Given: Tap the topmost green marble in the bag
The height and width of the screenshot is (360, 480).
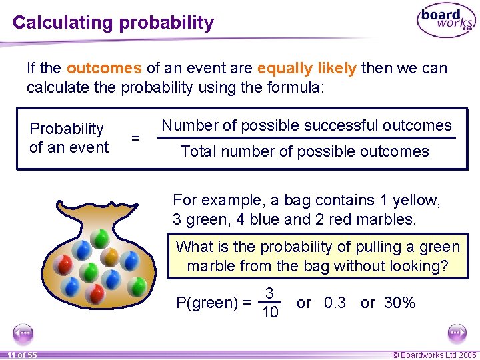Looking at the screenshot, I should [99, 238].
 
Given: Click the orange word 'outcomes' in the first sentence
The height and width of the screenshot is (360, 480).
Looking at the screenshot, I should [104, 68].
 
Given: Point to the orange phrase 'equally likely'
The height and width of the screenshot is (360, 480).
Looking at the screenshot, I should [309, 68].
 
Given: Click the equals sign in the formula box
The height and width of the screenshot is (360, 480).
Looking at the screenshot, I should [135, 138].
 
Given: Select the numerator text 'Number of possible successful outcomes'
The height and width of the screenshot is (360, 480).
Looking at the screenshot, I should [307, 125].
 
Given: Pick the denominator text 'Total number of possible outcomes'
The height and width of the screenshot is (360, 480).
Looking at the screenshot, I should [305, 151].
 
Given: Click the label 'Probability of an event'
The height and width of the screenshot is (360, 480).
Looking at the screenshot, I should [68, 138].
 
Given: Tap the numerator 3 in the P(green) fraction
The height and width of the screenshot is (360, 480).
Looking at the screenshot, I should [269, 293].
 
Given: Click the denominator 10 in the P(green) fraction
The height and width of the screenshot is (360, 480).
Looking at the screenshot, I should [270, 312].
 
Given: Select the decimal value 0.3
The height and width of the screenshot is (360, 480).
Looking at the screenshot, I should [334, 303].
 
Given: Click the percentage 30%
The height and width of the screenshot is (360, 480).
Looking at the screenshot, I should [401, 303].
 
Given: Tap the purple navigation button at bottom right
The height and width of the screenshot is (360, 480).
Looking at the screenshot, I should [457, 333].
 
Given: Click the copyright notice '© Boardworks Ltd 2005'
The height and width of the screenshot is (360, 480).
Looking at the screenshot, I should [434, 355].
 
